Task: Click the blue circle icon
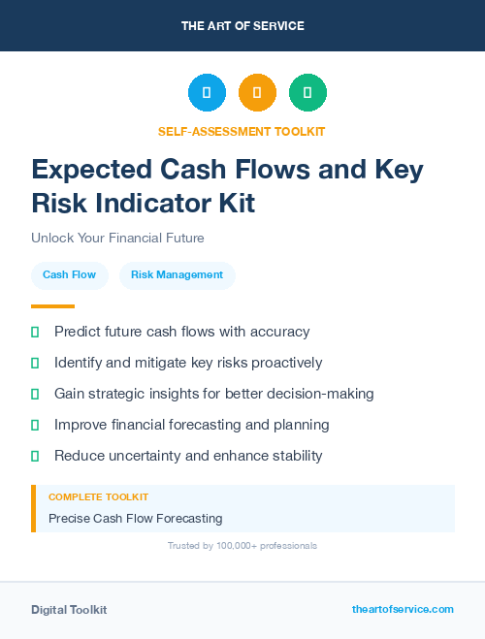[x=207, y=92]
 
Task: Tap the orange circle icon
[x=257, y=92]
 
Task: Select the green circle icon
[x=307, y=92]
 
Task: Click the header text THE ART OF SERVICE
[x=242, y=26]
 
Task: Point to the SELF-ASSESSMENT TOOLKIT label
[x=242, y=131]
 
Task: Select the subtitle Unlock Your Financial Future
[x=117, y=238]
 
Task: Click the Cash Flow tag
[x=69, y=274]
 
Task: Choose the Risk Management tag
[x=177, y=274]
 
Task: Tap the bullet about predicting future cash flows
[x=181, y=332]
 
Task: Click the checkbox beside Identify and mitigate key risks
[x=35, y=363]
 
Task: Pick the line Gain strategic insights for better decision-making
[x=213, y=394]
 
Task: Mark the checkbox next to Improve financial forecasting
[x=35, y=425]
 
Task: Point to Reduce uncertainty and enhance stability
[x=188, y=456]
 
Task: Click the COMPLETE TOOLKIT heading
[x=98, y=496]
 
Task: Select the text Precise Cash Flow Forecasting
[x=136, y=518]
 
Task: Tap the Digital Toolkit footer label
[x=69, y=610]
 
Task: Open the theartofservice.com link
[x=403, y=609]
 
